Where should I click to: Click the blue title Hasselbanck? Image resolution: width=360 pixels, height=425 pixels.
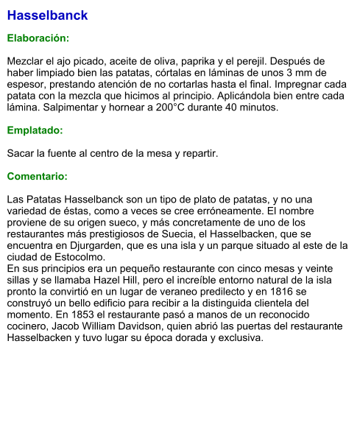pos(47,15)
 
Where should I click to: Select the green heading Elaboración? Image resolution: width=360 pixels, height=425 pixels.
pos(38,38)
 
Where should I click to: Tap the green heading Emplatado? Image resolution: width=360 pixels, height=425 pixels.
pos(35,130)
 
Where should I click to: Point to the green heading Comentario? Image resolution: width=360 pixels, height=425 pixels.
pos(37,177)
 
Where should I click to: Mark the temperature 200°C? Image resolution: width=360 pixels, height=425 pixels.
pos(175,108)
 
